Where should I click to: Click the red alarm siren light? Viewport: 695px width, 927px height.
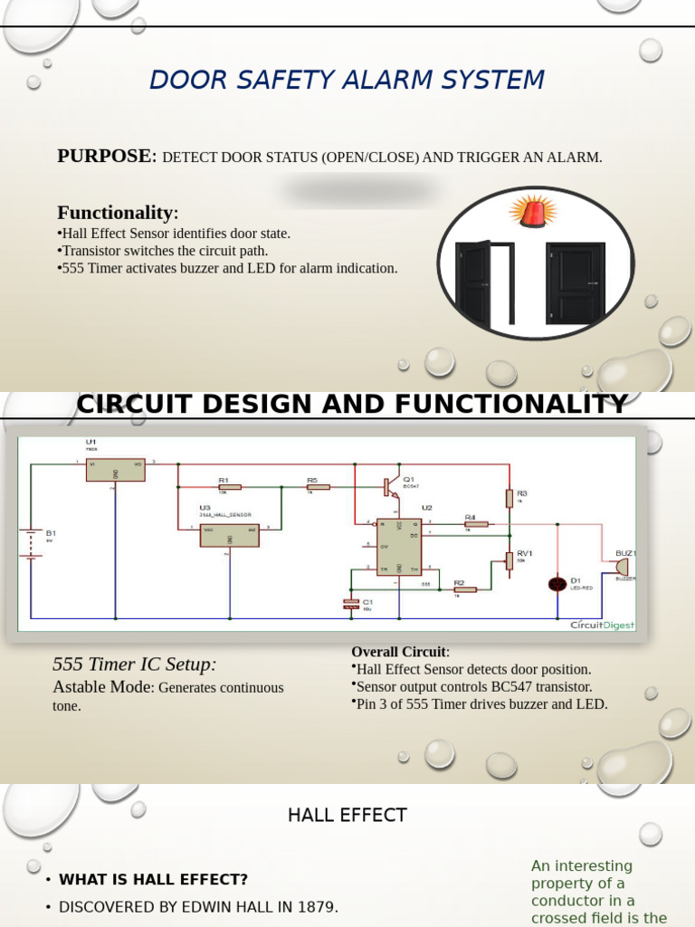click(x=533, y=212)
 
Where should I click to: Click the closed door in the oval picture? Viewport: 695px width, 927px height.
click(x=575, y=282)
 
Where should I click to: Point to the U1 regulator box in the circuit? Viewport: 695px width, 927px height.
click(x=115, y=469)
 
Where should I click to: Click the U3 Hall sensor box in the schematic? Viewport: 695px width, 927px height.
click(x=229, y=535)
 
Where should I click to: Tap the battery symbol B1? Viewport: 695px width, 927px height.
click(x=32, y=543)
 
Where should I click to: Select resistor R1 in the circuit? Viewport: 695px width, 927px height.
click(x=230, y=487)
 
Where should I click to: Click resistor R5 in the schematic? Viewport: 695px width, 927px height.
click(x=318, y=487)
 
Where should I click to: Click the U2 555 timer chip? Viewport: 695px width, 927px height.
click(x=399, y=546)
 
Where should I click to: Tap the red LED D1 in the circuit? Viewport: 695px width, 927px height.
click(x=557, y=584)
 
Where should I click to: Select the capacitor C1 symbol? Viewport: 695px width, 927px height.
click(x=351, y=604)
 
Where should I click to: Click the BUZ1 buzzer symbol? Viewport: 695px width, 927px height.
click(x=622, y=567)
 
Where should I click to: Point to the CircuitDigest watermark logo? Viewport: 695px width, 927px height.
click(x=602, y=625)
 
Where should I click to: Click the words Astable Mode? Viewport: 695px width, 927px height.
click(x=102, y=687)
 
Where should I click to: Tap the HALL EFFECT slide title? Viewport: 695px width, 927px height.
click(x=347, y=815)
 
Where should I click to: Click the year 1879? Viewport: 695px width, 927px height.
click(x=315, y=906)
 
